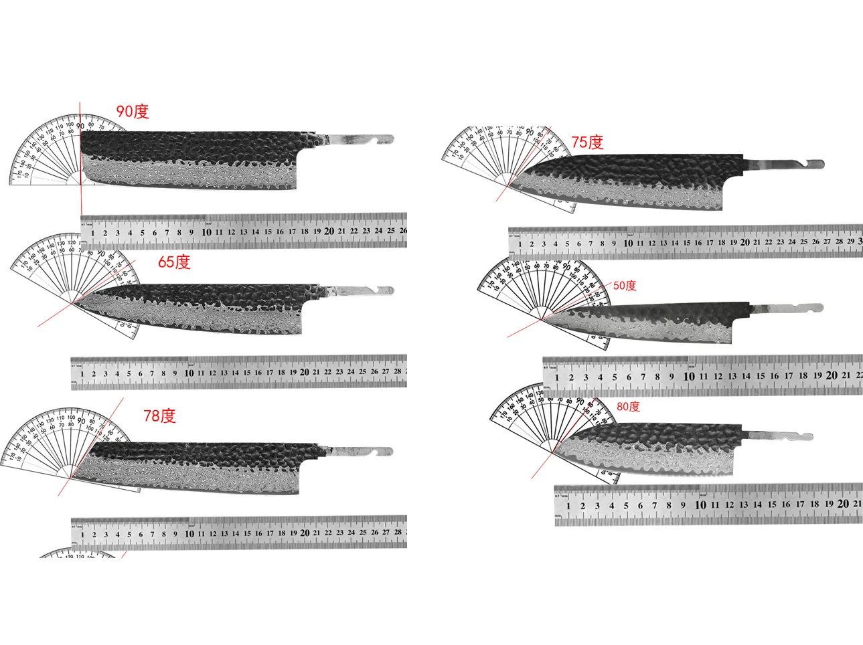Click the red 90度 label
(x=133, y=112)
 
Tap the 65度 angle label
(x=174, y=262)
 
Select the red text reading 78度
(x=159, y=416)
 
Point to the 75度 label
(x=587, y=142)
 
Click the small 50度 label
(x=625, y=286)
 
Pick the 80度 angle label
(x=628, y=407)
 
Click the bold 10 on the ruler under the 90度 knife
(x=206, y=232)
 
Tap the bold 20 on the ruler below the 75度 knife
(x=745, y=242)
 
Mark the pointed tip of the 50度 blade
(x=543, y=317)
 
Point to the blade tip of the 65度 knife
(x=72, y=303)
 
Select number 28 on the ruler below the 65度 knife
(x=397, y=371)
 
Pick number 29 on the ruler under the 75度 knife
(x=850, y=242)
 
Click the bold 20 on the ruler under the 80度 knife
(x=843, y=504)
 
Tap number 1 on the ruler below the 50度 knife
(x=557, y=377)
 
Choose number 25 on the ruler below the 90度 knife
(x=391, y=231)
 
